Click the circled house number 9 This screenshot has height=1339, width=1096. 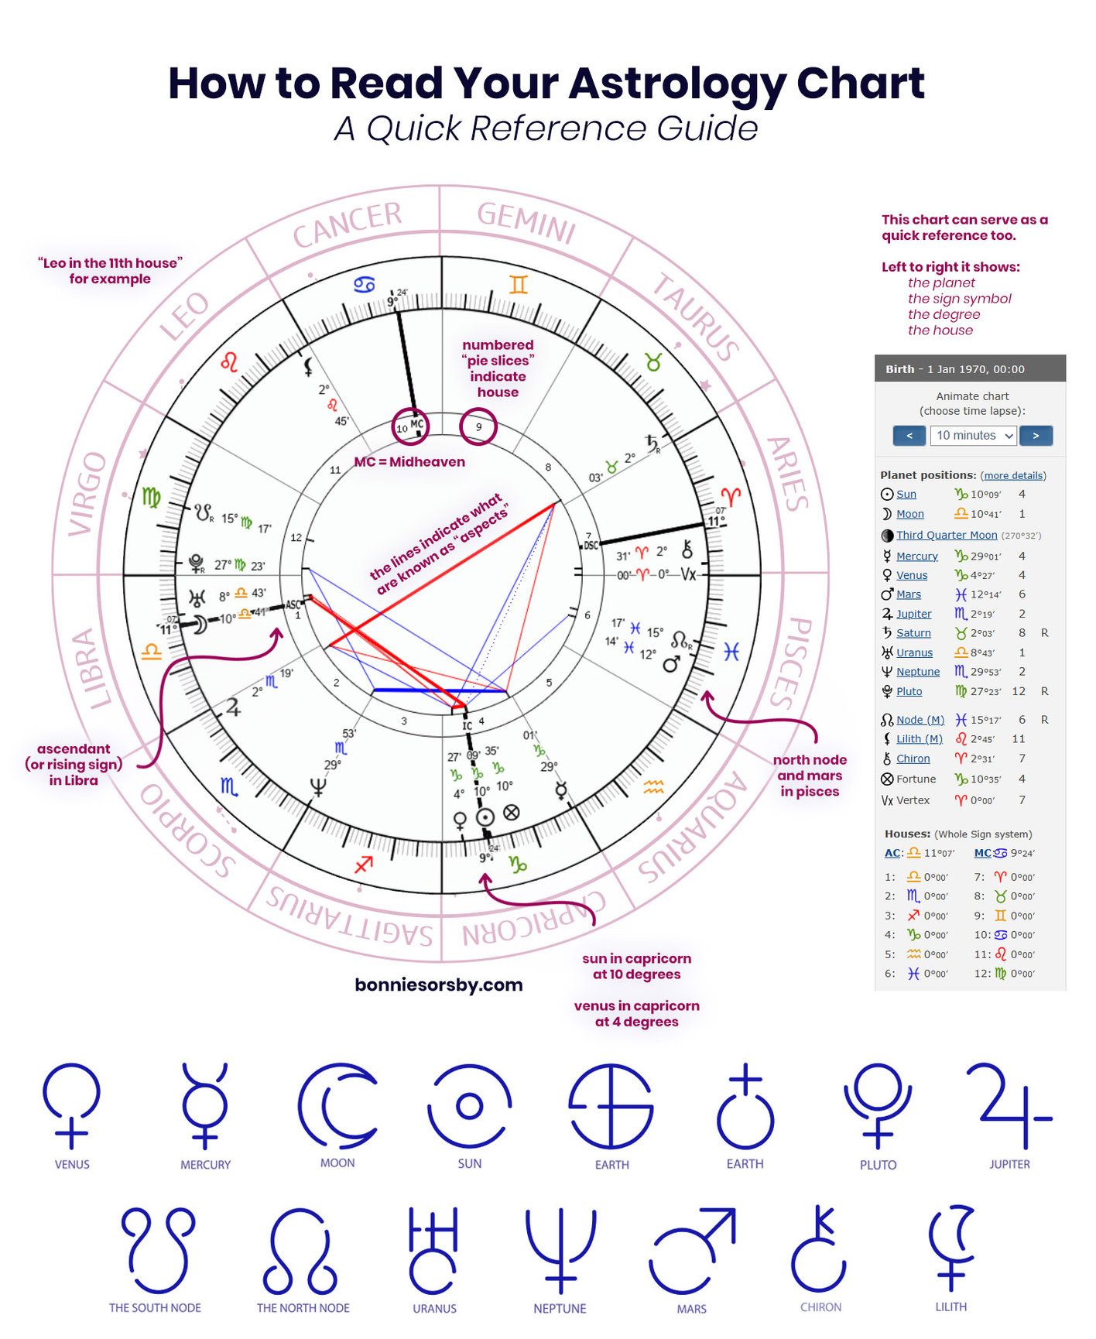[x=478, y=426]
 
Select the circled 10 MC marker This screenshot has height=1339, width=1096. [x=410, y=426]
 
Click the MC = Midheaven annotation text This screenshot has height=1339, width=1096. [x=409, y=462]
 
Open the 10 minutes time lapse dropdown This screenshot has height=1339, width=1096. [x=974, y=436]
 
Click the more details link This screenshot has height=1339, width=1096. [x=1013, y=476]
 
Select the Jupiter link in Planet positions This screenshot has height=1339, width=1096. [x=913, y=614]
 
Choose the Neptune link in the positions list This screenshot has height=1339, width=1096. [x=918, y=672]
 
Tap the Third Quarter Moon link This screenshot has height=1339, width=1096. [x=947, y=535]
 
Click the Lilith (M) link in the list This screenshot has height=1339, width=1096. [x=920, y=739]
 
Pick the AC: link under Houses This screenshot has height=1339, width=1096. [x=892, y=853]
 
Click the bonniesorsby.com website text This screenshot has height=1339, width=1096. [x=439, y=985]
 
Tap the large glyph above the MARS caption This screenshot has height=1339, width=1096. [x=692, y=1251]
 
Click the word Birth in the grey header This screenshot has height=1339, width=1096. [x=899, y=369]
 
